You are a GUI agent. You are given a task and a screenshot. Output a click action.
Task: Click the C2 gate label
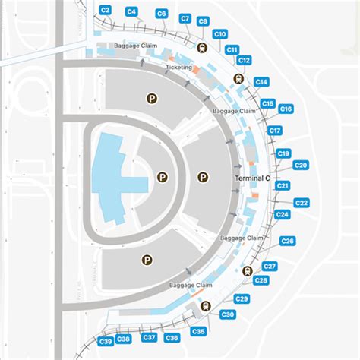pyautogui.click(x=106, y=10)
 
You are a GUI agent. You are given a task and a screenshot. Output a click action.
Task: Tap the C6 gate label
pyautogui.click(x=161, y=14)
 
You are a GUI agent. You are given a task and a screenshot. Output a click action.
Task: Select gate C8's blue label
pyautogui.click(x=203, y=22)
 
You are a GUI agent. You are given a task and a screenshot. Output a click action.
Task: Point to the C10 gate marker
pyautogui.click(x=220, y=34)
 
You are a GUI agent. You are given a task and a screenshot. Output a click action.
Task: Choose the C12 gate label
pyautogui.click(x=244, y=60)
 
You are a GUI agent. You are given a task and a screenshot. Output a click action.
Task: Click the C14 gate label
pyautogui.click(x=261, y=81)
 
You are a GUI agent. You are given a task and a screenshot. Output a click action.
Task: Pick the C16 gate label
pyautogui.click(x=286, y=109)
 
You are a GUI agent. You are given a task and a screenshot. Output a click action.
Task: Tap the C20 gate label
pyautogui.click(x=301, y=165)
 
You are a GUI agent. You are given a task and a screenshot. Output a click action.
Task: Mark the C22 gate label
pyautogui.click(x=302, y=203)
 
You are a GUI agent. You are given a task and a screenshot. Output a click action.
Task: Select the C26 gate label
pyautogui.click(x=287, y=241)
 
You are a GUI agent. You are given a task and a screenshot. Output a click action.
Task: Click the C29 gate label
pyautogui.click(x=242, y=298)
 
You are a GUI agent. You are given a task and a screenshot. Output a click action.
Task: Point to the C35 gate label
pyautogui.click(x=198, y=331)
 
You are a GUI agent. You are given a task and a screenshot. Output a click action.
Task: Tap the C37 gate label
pyautogui.click(x=150, y=337)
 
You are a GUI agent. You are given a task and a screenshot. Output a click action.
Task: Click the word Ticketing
pyautogui.click(x=179, y=68)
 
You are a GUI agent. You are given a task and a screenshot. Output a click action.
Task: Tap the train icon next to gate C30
pyautogui.click(x=206, y=306)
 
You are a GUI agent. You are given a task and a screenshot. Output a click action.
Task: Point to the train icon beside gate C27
pyautogui.click(x=246, y=271)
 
